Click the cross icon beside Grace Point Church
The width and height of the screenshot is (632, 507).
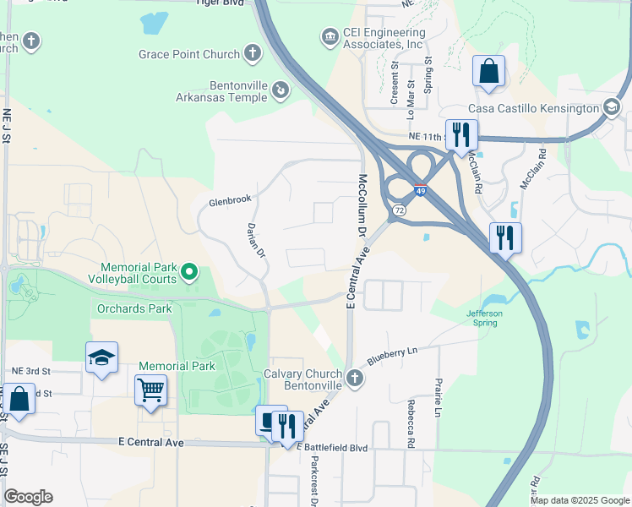(252, 54)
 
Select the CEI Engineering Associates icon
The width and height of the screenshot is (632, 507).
(330, 37)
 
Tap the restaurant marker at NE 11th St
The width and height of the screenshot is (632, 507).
(461, 134)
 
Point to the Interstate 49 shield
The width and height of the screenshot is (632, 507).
(420, 189)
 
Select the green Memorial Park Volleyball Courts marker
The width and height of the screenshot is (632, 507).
(190, 272)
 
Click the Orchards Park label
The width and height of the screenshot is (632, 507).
(133, 308)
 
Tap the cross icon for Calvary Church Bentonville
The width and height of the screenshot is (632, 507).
(355, 379)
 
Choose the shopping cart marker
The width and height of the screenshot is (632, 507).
(150, 390)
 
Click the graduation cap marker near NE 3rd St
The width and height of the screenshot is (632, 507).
(101, 357)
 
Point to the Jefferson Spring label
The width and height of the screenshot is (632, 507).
(485, 318)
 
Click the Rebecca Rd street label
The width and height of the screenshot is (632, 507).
(411, 423)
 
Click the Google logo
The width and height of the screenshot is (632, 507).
(29, 497)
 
